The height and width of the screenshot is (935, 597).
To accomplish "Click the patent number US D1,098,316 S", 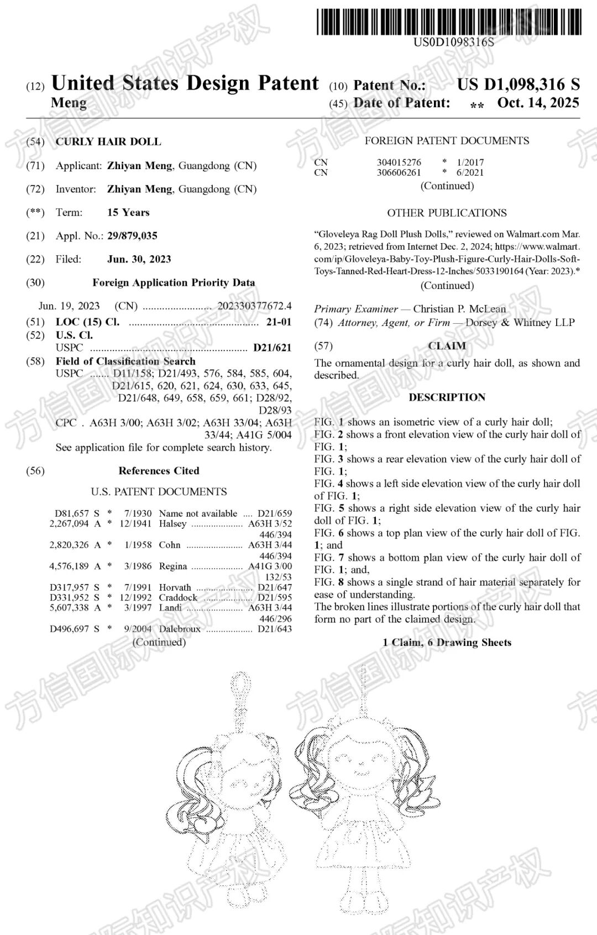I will click(518, 85).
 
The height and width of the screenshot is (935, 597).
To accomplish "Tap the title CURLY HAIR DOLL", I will click(108, 141).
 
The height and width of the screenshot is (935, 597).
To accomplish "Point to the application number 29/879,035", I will click(132, 236).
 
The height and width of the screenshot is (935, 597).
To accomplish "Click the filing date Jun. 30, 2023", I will click(139, 259).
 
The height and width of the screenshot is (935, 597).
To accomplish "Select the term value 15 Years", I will click(128, 213).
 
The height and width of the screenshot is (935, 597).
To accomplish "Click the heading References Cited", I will click(159, 471).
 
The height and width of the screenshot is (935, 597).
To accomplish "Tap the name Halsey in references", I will click(172, 523).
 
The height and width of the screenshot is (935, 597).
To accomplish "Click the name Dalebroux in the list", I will click(180, 629).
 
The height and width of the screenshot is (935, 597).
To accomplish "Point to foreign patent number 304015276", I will click(399, 162).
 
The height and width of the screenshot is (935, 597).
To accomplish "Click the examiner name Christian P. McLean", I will click(459, 309).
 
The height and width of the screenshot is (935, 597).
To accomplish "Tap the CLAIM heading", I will click(447, 346).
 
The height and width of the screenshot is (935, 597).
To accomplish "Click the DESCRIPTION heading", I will click(447, 397).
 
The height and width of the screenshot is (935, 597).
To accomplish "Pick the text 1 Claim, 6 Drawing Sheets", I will click(447, 642).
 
